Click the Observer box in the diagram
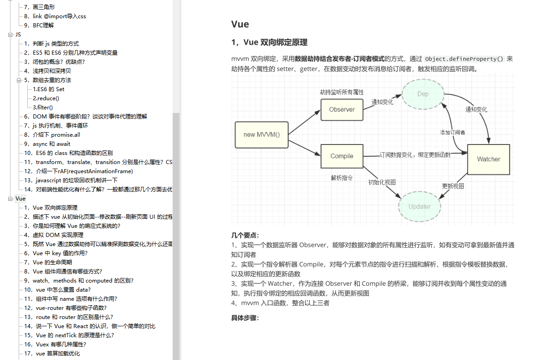point(342,109)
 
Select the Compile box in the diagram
point(342,156)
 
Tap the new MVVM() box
point(261,134)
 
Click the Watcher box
point(488,159)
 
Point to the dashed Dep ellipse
point(423,94)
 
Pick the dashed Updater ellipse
point(419,206)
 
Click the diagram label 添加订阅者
point(453,132)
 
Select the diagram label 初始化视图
point(382,182)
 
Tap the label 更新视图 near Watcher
point(453,186)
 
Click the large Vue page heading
point(240,25)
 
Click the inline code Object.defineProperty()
point(464,59)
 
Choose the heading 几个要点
point(245,235)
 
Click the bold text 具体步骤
point(245,318)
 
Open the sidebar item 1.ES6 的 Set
point(48,89)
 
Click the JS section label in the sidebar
point(18,35)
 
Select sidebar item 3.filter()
point(43,108)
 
